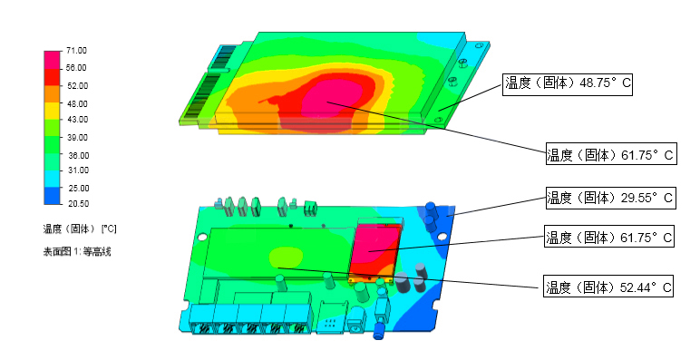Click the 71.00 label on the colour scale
tap(76, 51)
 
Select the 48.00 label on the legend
tap(77, 103)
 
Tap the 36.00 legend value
tap(78, 155)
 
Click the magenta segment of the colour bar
tap(53, 60)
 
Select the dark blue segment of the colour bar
tap(53, 196)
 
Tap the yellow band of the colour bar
tap(53, 111)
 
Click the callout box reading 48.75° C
tap(568, 84)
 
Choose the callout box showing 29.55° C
tap(611, 198)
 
